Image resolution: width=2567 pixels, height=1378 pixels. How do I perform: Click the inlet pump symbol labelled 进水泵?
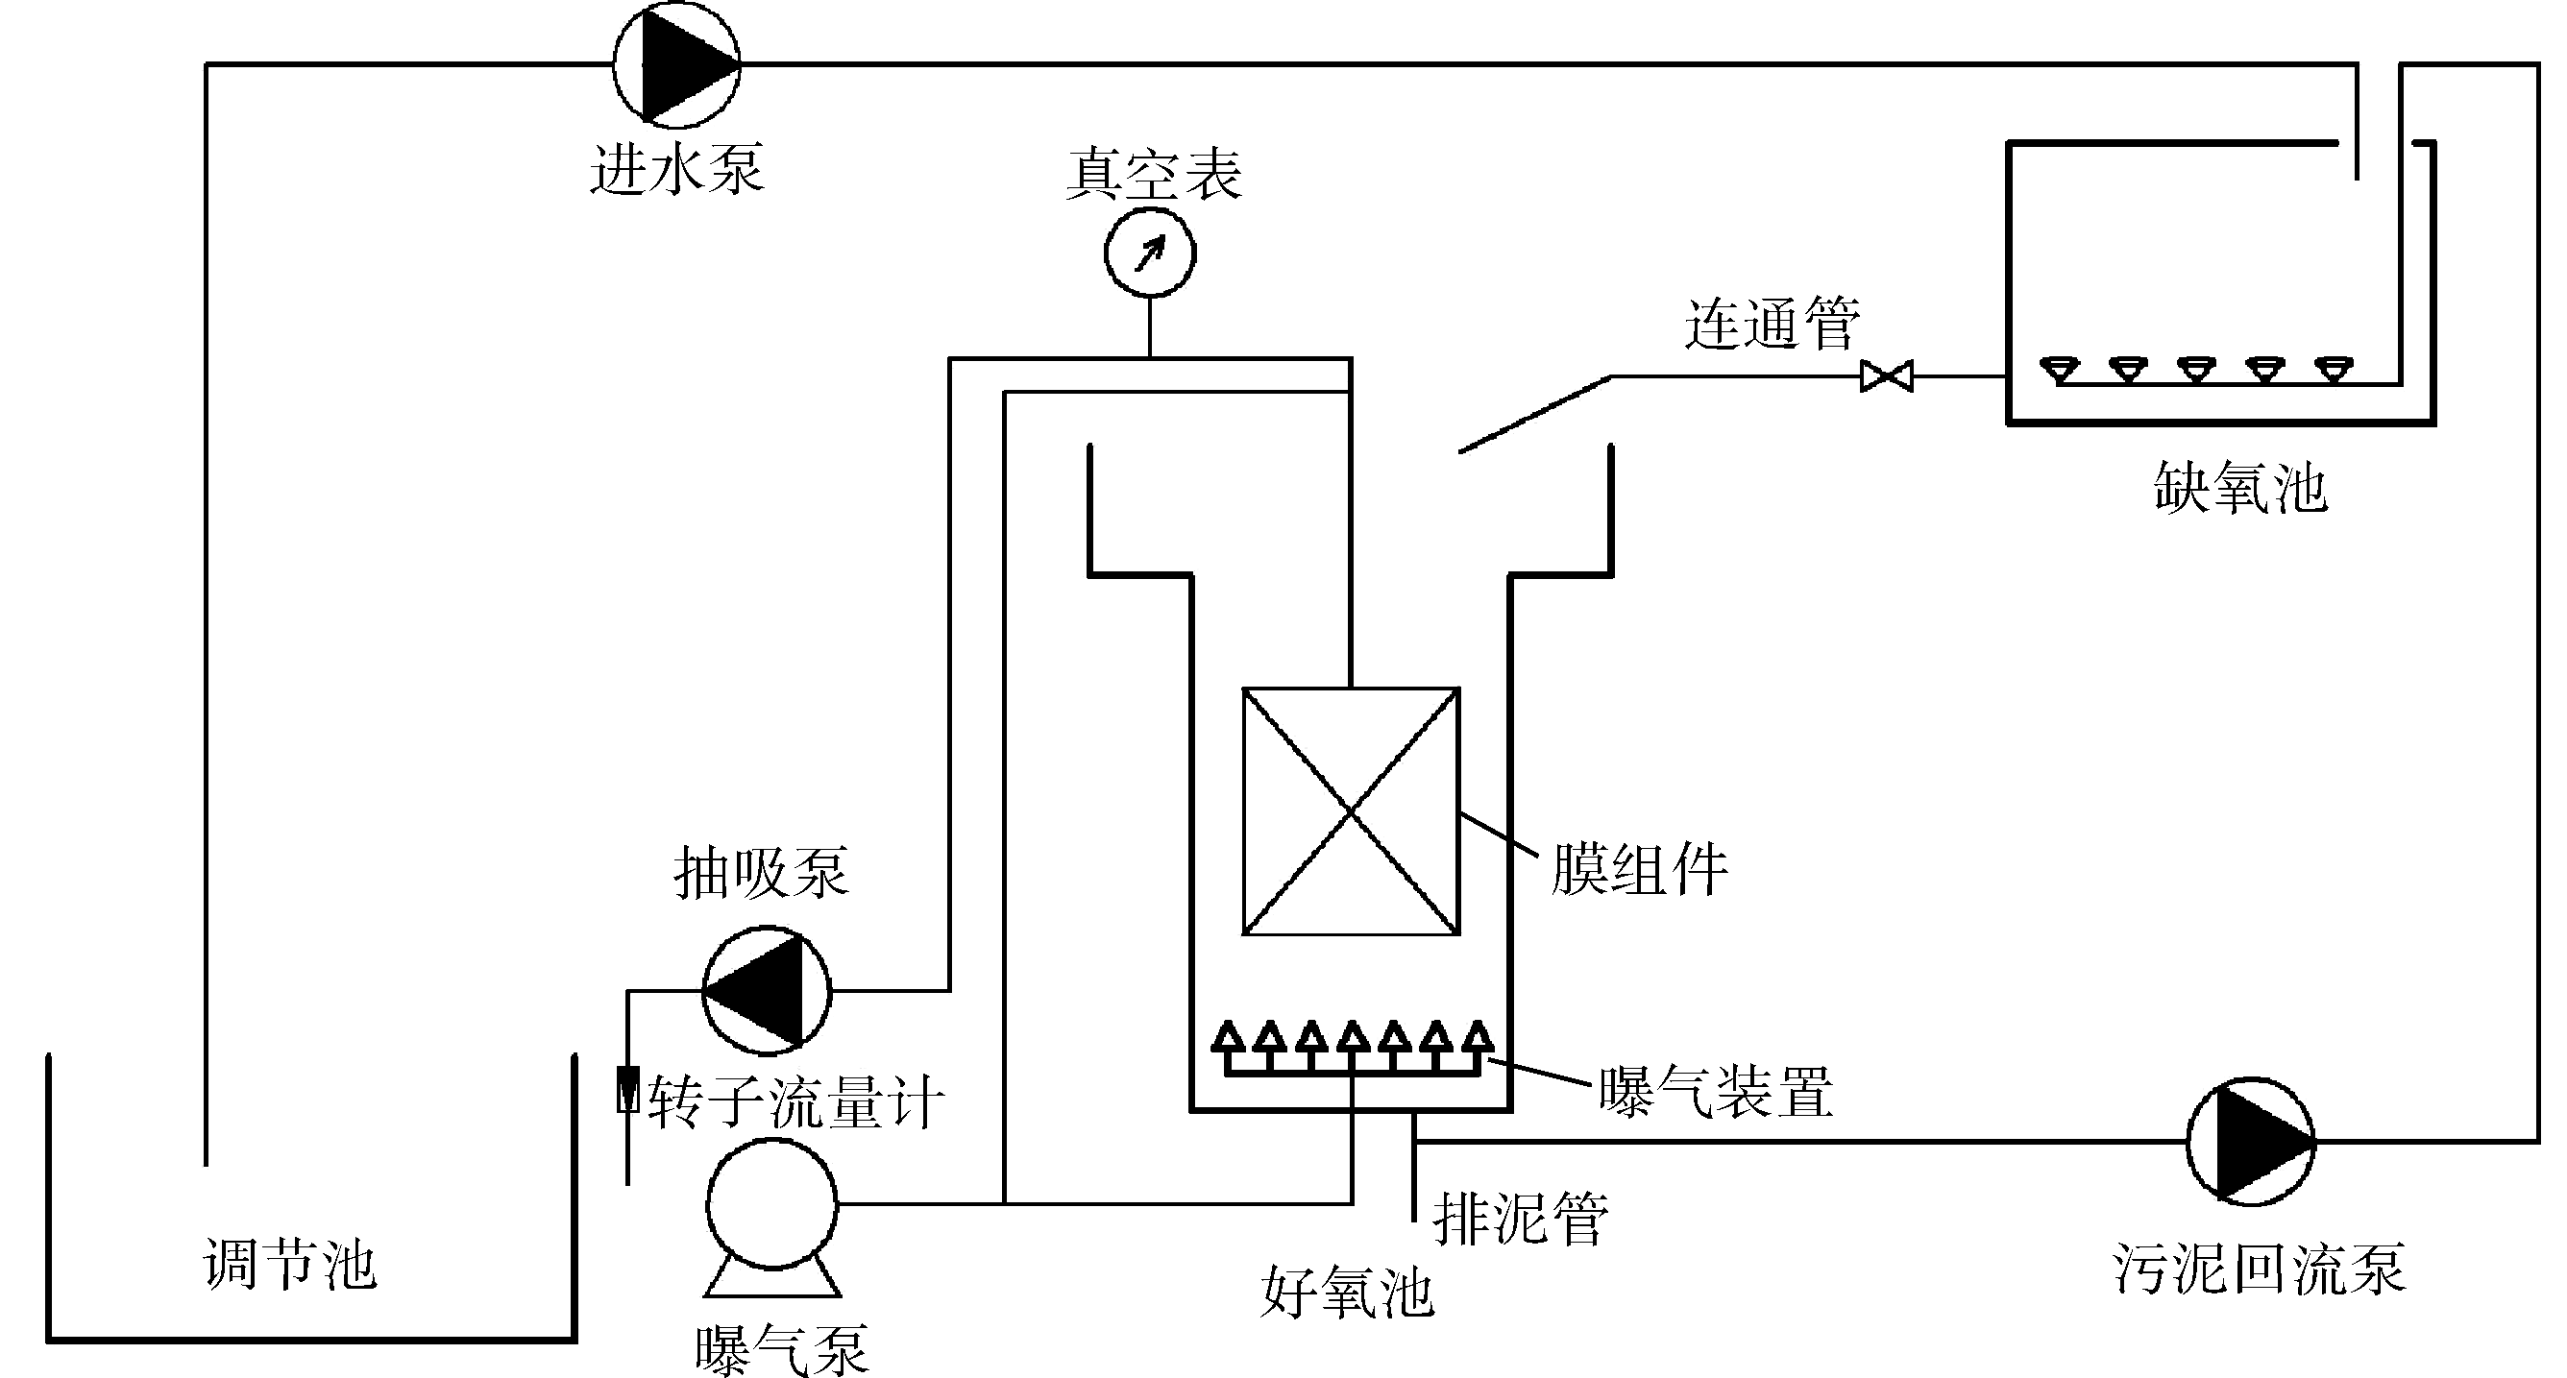tap(675, 63)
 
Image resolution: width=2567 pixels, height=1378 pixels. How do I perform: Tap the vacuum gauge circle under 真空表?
tap(1150, 254)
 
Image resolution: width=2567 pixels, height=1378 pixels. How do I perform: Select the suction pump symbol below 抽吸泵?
tap(767, 989)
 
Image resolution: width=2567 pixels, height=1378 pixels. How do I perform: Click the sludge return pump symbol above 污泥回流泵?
tap(2250, 1140)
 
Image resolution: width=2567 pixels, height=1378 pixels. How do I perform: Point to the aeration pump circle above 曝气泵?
tap(771, 1203)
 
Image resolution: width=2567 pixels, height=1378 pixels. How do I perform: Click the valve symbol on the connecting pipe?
tap(1887, 376)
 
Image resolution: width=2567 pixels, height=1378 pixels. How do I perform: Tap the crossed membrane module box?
tap(1350, 811)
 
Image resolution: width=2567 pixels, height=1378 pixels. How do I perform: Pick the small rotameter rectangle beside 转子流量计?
tap(627, 1089)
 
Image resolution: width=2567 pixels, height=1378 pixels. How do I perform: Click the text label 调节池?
tap(290, 1266)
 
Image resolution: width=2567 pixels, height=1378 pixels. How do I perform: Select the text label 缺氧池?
tap(2240, 488)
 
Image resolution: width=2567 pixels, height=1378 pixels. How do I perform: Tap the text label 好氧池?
tap(1346, 1293)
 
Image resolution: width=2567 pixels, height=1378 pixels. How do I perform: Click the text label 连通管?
tap(1772, 324)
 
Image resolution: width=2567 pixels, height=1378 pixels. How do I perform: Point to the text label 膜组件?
tap(1639, 869)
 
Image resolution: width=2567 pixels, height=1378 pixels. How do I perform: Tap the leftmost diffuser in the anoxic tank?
tap(2059, 371)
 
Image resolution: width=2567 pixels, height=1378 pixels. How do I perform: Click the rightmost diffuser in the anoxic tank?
tap(2334, 371)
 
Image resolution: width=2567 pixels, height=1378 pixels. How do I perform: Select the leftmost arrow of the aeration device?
tap(1228, 1037)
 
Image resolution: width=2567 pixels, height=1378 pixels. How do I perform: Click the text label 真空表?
tap(1154, 175)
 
